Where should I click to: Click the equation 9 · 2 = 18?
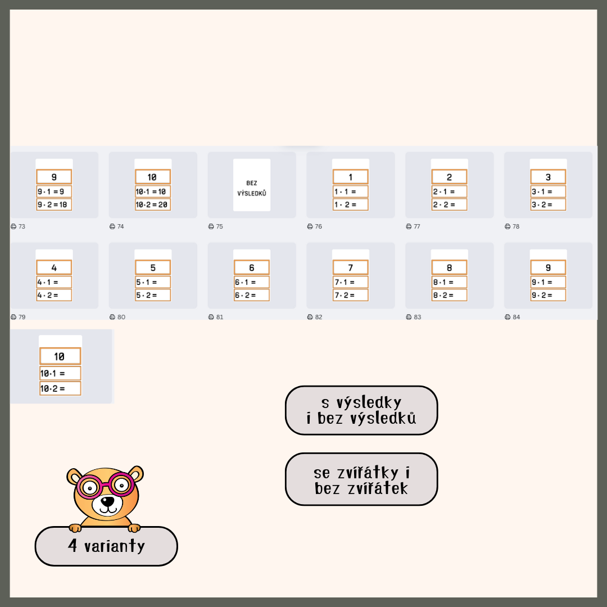(x=54, y=205)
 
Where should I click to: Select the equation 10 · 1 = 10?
(x=153, y=191)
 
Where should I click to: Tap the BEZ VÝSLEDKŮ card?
(x=252, y=185)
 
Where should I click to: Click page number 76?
(x=318, y=227)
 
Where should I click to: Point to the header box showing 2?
(x=449, y=177)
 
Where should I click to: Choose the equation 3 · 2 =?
(x=548, y=205)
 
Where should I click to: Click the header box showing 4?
(x=54, y=268)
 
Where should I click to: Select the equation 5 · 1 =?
(x=153, y=282)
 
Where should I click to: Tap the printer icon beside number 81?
(x=211, y=317)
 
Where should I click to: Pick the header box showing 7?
(x=350, y=268)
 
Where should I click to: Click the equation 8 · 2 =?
(x=449, y=295)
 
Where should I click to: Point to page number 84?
(x=517, y=317)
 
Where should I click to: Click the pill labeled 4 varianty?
(x=106, y=546)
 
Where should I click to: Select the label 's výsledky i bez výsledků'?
(x=361, y=410)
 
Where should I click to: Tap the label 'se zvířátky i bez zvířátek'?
(x=361, y=479)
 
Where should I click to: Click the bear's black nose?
(x=107, y=501)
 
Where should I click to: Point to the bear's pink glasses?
(x=105, y=484)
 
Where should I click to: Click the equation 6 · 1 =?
(x=252, y=282)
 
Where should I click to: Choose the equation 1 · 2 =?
(x=350, y=205)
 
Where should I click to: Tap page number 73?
(x=22, y=227)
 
